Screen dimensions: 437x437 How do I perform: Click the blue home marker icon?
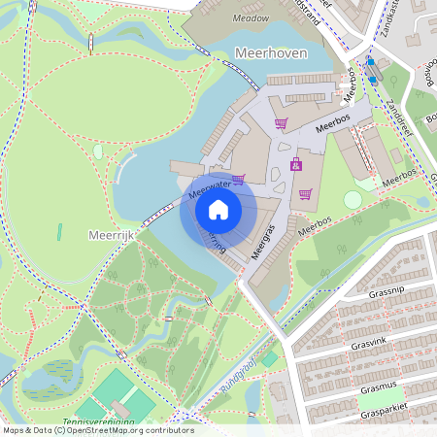[x=218, y=209]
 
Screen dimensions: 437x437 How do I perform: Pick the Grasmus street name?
[x=378, y=387]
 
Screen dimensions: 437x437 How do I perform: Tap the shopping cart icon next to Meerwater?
[x=239, y=179]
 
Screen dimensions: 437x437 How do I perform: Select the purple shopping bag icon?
[x=296, y=163]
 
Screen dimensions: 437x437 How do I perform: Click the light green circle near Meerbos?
[x=353, y=199]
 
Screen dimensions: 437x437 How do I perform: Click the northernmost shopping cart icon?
[x=281, y=123]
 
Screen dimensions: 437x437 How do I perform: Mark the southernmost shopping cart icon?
[x=305, y=193]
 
